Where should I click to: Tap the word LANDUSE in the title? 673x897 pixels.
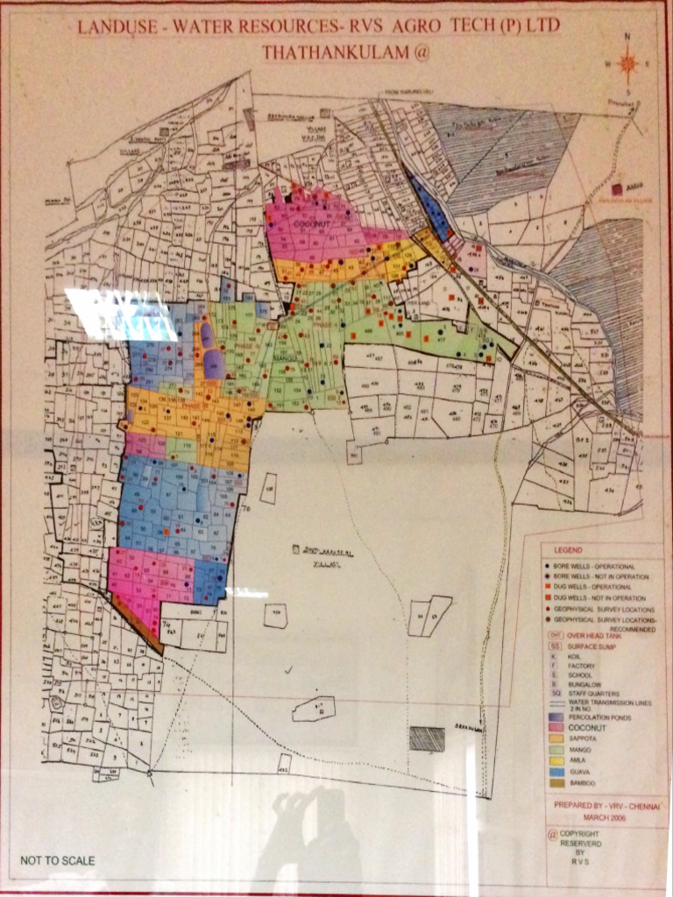(x=109, y=27)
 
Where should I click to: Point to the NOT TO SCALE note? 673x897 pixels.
(x=57, y=860)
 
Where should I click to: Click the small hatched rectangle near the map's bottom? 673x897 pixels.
(x=427, y=738)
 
